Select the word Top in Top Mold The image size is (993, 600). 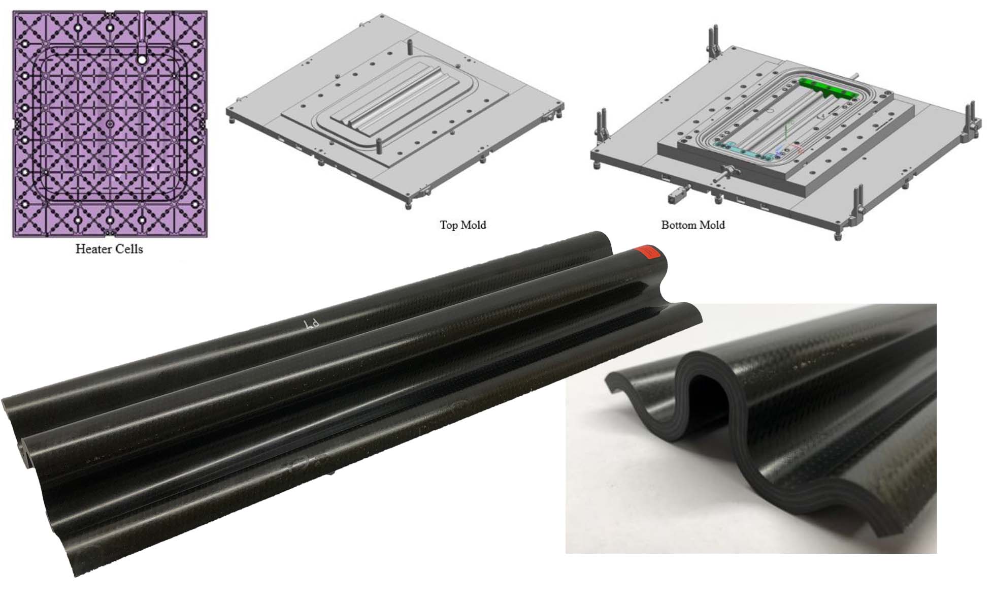click(449, 225)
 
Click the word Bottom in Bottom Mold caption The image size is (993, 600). click(678, 225)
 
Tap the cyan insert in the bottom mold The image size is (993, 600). click(746, 150)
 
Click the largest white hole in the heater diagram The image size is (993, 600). click(142, 60)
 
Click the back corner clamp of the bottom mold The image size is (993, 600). click(715, 38)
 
